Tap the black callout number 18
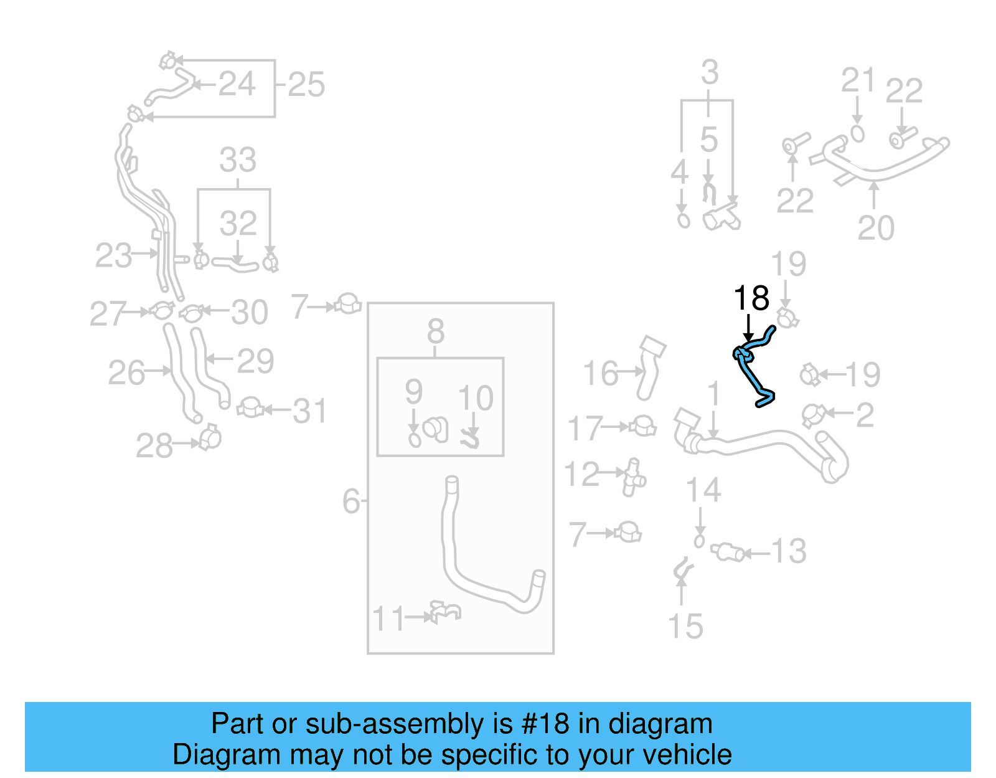[x=751, y=298]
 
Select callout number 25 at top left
[x=306, y=85]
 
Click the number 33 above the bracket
[x=238, y=160]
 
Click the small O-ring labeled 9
[x=415, y=440]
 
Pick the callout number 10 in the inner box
[x=476, y=398]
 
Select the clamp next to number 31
[x=250, y=408]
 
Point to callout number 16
[x=600, y=373]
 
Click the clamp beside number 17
[x=642, y=427]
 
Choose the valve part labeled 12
[x=634, y=478]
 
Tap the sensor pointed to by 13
[x=727, y=552]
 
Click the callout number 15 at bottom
[x=685, y=626]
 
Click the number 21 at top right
[x=858, y=80]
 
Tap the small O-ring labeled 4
[x=684, y=221]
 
